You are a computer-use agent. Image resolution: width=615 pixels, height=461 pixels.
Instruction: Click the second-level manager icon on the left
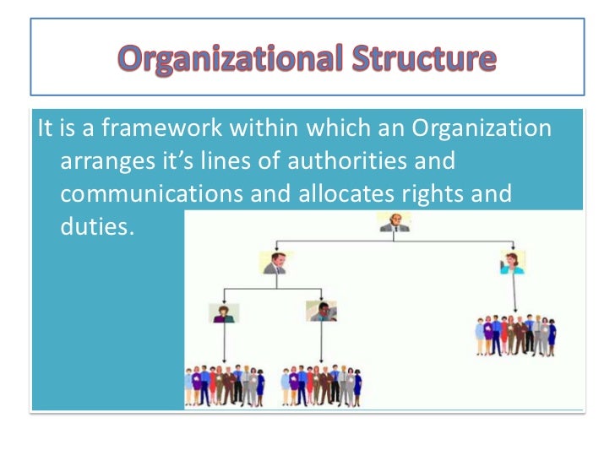click(x=275, y=263)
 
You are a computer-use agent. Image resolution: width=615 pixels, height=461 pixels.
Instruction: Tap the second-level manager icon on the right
click(x=513, y=262)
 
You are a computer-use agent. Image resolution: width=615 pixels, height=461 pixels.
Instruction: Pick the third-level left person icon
click(x=224, y=313)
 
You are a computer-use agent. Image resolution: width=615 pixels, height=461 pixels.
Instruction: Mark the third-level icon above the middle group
click(x=321, y=312)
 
